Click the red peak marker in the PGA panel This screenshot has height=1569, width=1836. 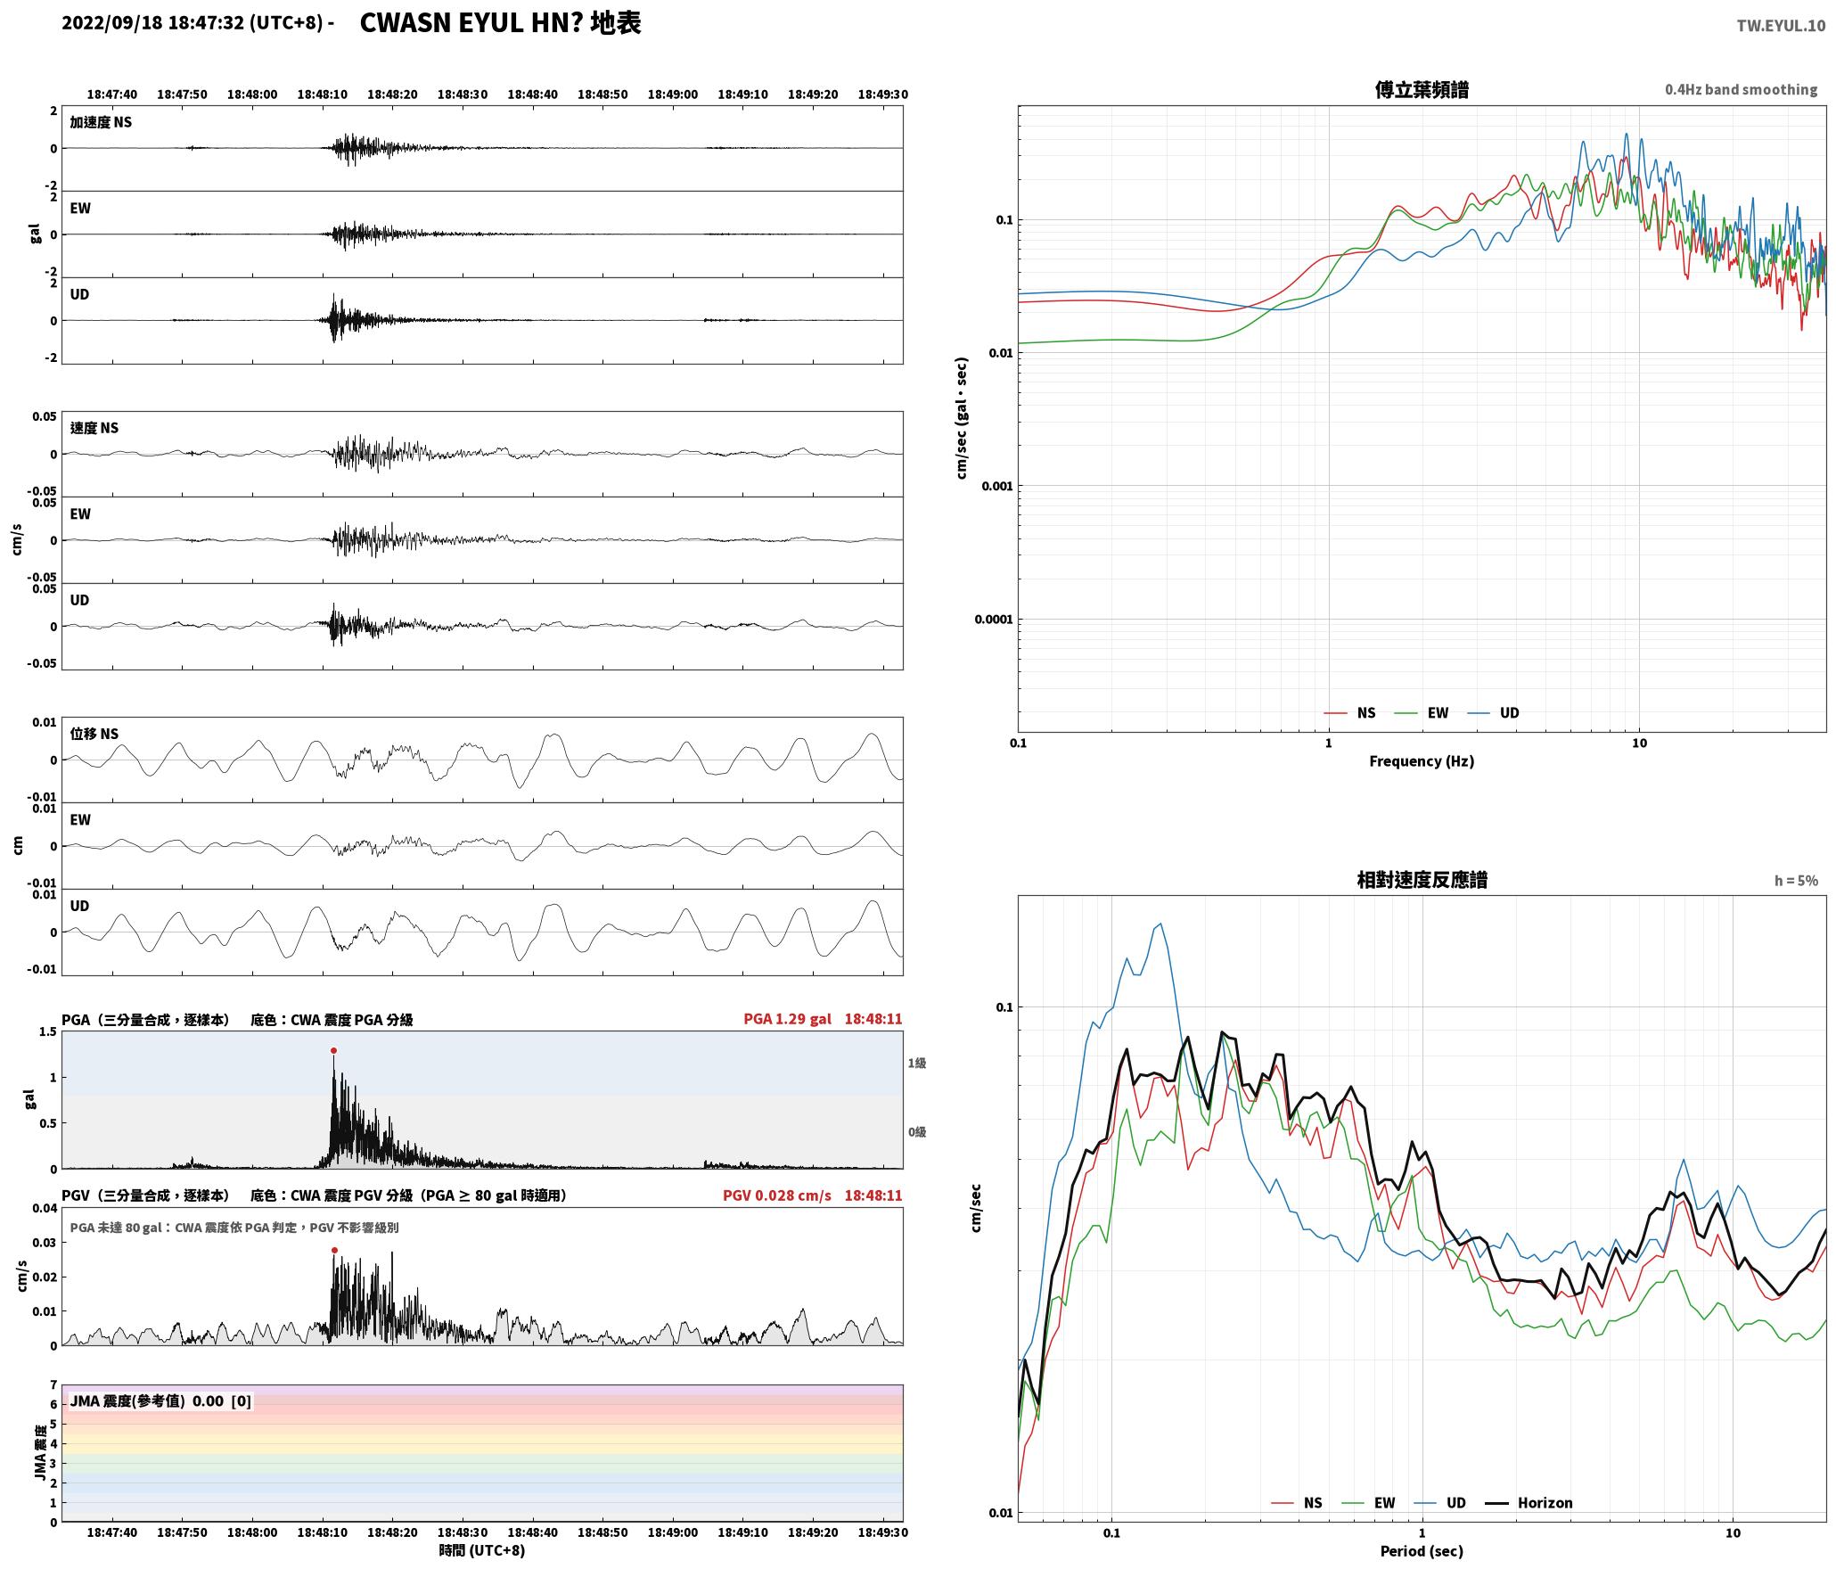[x=333, y=1050]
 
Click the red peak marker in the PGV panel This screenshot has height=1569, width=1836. [x=334, y=1250]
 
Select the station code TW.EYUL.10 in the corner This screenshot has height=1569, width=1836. [x=1781, y=26]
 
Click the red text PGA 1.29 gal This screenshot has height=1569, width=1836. [x=787, y=1019]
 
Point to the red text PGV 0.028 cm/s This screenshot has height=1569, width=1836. [x=776, y=1195]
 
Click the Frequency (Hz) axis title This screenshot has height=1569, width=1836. [x=1422, y=760]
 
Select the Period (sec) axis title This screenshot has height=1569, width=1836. [x=1422, y=1550]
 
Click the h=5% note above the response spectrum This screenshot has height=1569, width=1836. [x=1796, y=881]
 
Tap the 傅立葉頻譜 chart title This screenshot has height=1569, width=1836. [x=1422, y=90]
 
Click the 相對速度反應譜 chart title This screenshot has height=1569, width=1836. [x=1422, y=880]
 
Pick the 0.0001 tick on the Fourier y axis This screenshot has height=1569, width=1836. [x=992, y=620]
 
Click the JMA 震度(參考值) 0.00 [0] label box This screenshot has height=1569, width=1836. [x=160, y=1401]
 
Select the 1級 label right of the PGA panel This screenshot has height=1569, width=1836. [x=917, y=1063]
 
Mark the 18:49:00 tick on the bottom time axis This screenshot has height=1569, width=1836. [x=673, y=1532]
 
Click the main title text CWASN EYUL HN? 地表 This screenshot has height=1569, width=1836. [x=500, y=23]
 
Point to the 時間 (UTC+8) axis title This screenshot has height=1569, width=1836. [x=482, y=1550]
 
